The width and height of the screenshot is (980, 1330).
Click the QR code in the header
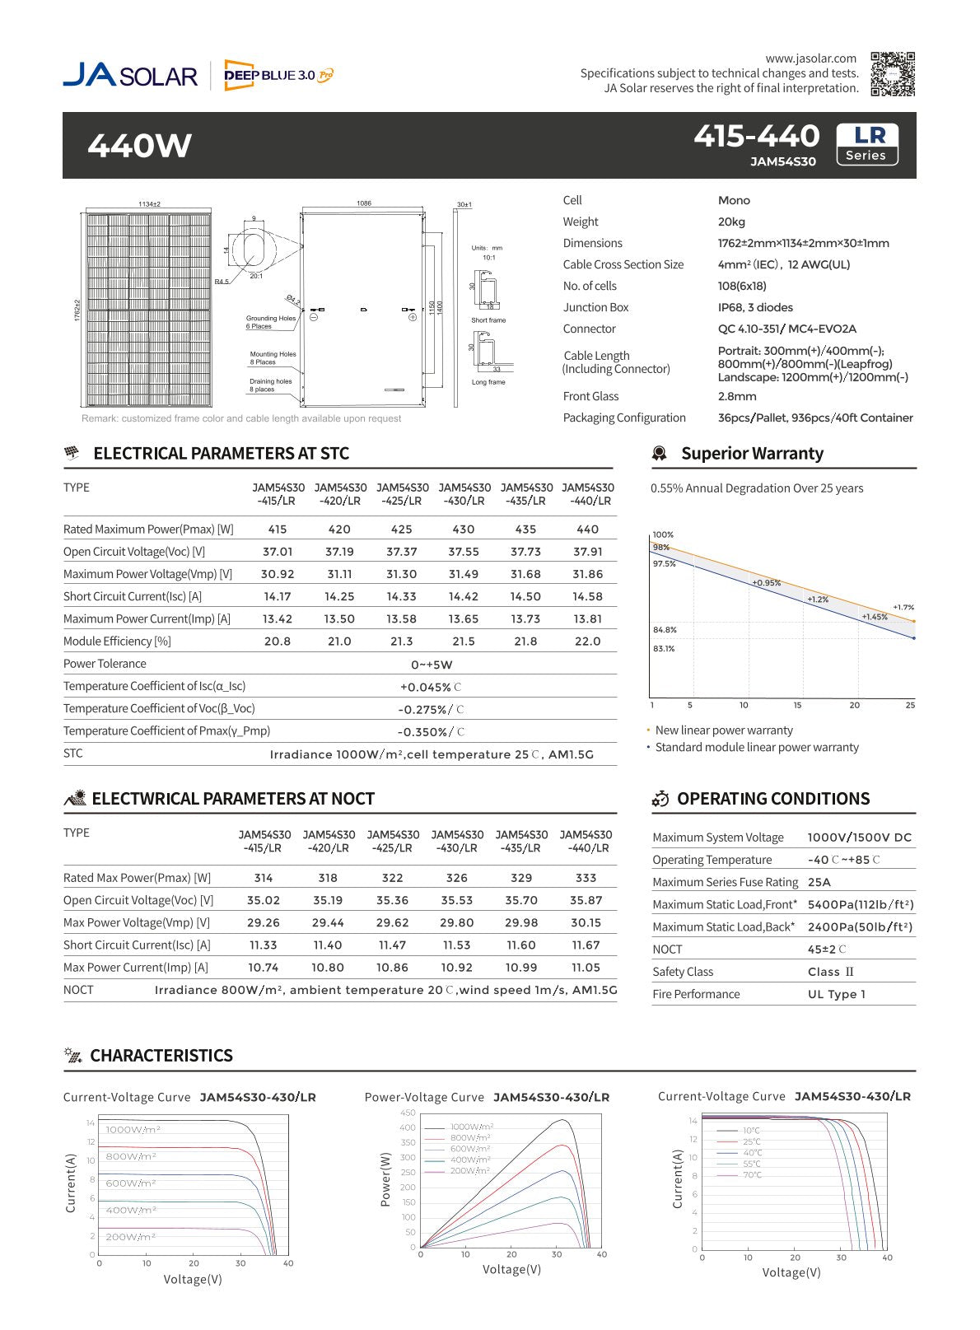pos(893,74)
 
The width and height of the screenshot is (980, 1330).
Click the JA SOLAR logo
pos(130,75)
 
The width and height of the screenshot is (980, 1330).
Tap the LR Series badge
pos(866,144)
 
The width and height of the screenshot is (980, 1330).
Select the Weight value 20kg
pos(731,222)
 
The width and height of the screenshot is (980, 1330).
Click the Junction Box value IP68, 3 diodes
pos(755,307)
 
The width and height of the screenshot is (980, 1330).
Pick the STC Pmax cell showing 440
pos(587,530)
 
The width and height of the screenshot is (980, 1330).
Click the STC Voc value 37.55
pos(464,552)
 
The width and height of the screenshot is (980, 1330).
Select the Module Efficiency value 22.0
pos(587,642)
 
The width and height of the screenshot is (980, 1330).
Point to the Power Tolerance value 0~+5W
pos(432,665)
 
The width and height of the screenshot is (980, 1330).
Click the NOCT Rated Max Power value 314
pos(264,878)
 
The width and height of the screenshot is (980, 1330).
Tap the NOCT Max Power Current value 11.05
pos(586,968)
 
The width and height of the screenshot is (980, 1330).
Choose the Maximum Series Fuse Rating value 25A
pos(819,882)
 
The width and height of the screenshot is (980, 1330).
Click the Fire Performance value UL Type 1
pos(837,994)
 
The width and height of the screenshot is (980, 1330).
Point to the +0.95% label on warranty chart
pos(766,583)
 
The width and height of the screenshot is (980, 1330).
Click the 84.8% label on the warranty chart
pos(665,630)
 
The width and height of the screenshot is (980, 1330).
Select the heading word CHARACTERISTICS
pos(161,1056)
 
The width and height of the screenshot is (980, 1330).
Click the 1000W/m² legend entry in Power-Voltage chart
pos(472,1127)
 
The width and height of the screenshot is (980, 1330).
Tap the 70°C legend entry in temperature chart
pos(752,1175)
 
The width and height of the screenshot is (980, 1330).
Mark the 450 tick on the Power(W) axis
pos(408,1113)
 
